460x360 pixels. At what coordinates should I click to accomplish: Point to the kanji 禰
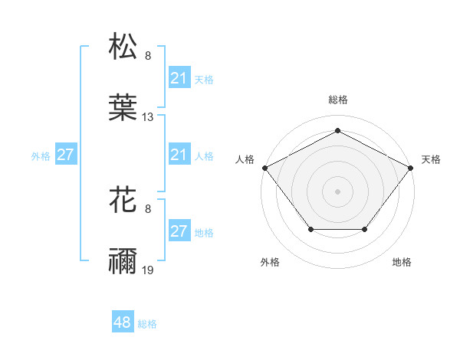(x=123, y=262)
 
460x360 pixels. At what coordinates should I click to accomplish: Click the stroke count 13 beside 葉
(x=148, y=117)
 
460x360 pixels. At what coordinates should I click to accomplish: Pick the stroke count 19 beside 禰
(x=148, y=271)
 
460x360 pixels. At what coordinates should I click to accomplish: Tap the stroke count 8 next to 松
(x=148, y=55)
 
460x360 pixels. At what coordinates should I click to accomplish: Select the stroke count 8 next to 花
(x=148, y=208)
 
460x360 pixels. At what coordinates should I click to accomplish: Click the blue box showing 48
(x=123, y=323)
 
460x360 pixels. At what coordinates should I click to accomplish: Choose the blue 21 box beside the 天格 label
(x=179, y=78)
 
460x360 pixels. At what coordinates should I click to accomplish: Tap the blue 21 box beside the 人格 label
(x=179, y=155)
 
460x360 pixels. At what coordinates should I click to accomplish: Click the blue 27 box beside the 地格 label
(x=179, y=232)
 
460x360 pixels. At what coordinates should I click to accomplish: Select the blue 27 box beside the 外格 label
(x=66, y=155)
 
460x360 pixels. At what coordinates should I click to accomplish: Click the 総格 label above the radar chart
(x=337, y=100)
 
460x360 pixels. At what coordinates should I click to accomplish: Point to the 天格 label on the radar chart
(x=431, y=159)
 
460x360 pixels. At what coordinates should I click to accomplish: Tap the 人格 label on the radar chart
(x=245, y=159)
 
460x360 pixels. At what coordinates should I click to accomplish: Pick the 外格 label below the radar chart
(x=270, y=262)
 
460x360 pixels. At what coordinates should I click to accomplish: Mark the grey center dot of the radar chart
(x=337, y=191)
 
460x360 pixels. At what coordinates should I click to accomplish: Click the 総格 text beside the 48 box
(x=147, y=324)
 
